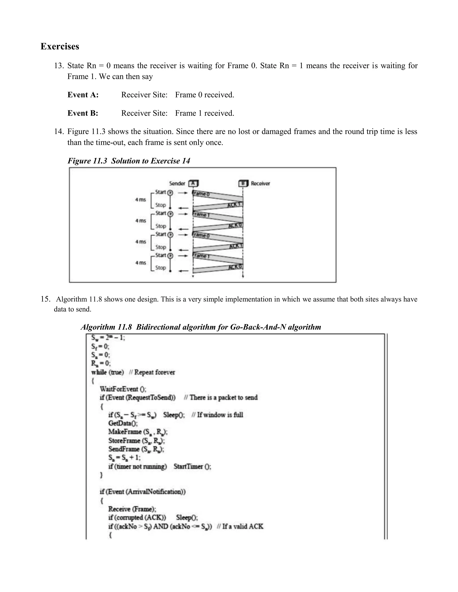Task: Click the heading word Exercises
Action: [x=60, y=46]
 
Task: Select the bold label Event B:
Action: [x=83, y=113]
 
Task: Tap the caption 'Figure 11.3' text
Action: [x=87, y=161]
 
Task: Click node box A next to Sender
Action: [x=193, y=183]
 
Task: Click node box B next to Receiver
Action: [x=243, y=183]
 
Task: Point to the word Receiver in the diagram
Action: [x=260, y=183]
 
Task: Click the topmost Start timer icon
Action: [x=170, y=193]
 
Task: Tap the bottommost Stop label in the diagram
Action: [x=160, y=268]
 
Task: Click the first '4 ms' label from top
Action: [x=140, y=199]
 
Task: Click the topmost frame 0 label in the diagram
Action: [x=201, y=193]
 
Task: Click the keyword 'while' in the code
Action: [x=99, y=372]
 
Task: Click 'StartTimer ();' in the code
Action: [x=192, y=466]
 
